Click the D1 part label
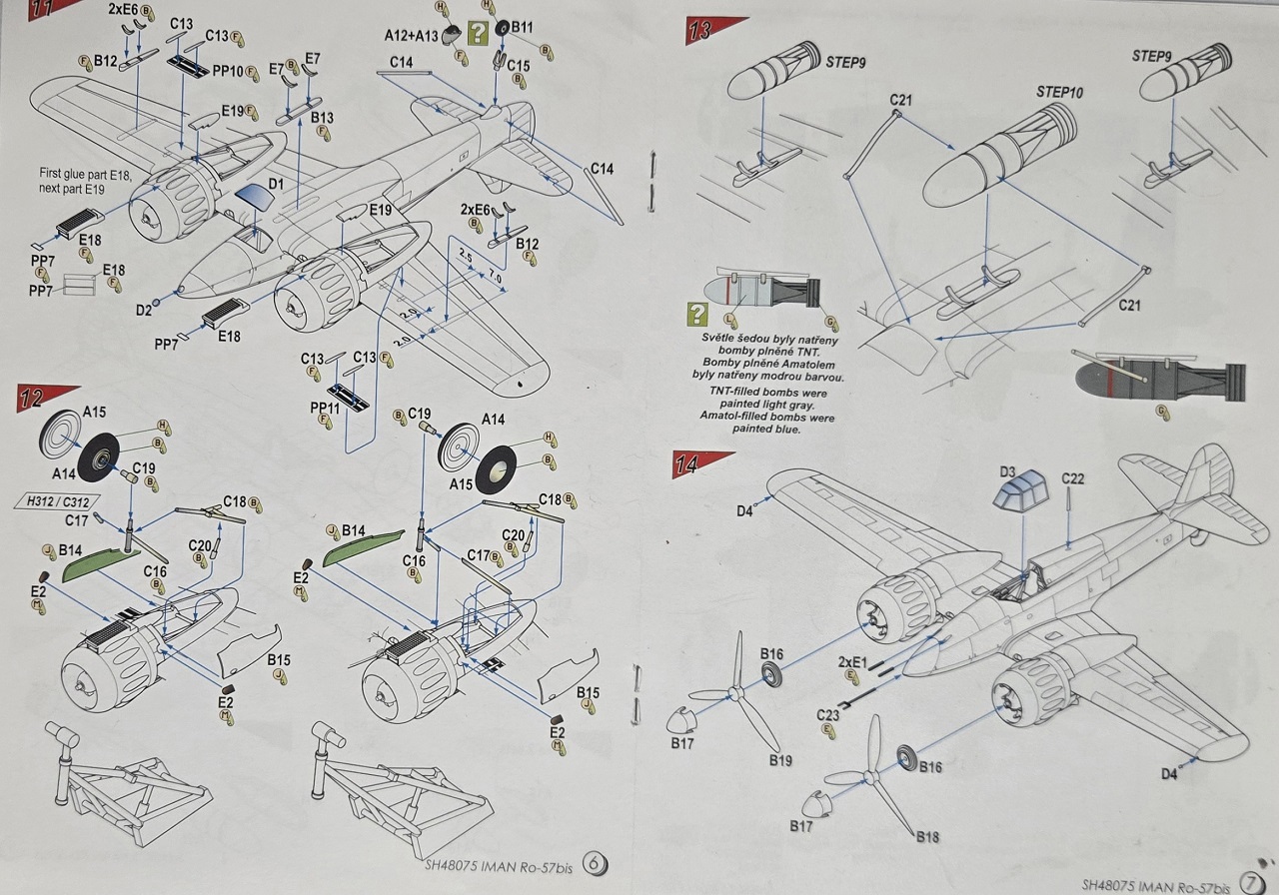[x=276, y=185]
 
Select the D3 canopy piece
[x=1017, y=492]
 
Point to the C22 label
[x=1072, y=479]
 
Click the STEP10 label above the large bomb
[x=1059, y=92]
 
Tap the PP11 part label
[x=326, y=408]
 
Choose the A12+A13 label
[x=411, y=35]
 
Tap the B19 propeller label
[x=781, y=760]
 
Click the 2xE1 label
[x=850, y=660]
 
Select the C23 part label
[x=827, y=714]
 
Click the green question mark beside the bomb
[x=696, y=316]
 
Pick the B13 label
[x=322, y=119]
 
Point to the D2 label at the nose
[x=145, y=311]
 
